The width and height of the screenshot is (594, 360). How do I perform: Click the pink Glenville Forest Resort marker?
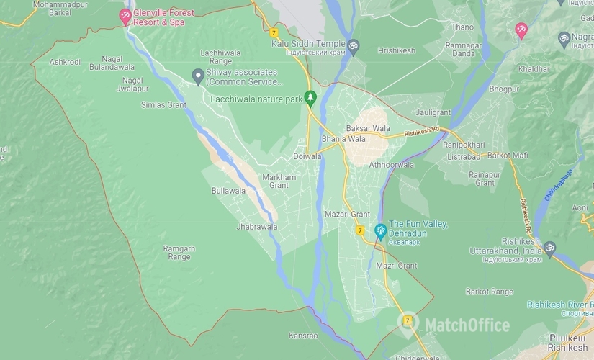coord(127,15)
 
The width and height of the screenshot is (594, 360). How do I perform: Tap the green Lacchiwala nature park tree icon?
coord(310,97)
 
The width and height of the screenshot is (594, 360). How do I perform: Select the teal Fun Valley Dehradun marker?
coord(381,231)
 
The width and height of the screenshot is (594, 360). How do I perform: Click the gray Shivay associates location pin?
coord(198,76)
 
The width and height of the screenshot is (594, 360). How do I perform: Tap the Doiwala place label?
coord(307,156)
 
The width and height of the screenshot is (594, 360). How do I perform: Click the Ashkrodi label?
coord(65,62)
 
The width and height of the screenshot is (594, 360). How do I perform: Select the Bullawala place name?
coord(228,191)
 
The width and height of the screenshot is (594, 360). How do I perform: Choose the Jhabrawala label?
coord(256,226)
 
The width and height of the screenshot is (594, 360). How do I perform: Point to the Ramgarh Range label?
coord(179,252)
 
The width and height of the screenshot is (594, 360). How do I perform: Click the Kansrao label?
coord(302,335)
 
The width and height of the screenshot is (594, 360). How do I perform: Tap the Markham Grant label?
coord(278,181)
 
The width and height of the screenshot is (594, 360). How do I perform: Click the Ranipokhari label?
coord(465,144)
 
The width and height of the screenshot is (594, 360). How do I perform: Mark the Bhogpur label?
coord(503,89)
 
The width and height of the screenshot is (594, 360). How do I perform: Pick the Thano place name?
coord(462,27)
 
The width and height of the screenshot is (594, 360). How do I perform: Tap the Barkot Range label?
coord(490,291)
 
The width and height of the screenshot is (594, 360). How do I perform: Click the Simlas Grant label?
coord(163,104)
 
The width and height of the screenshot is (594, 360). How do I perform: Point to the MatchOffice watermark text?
coord(467,325)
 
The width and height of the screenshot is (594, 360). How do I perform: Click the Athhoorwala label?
coord(392,164)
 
